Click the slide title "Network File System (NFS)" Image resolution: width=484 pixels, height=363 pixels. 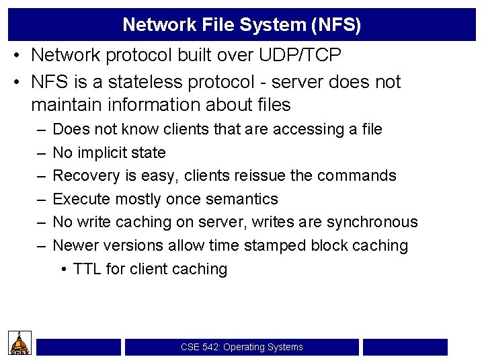[242, 25]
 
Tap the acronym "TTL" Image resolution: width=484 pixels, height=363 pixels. [87, 269]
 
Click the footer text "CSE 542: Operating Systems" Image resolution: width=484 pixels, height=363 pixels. [242, 347]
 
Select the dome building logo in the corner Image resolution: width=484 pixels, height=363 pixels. [20, 343]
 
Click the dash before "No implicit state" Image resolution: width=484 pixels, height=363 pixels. [42, 153]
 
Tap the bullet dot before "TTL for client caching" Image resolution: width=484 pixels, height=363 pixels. [63, 269]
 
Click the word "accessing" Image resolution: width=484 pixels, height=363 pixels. [312, 129]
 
